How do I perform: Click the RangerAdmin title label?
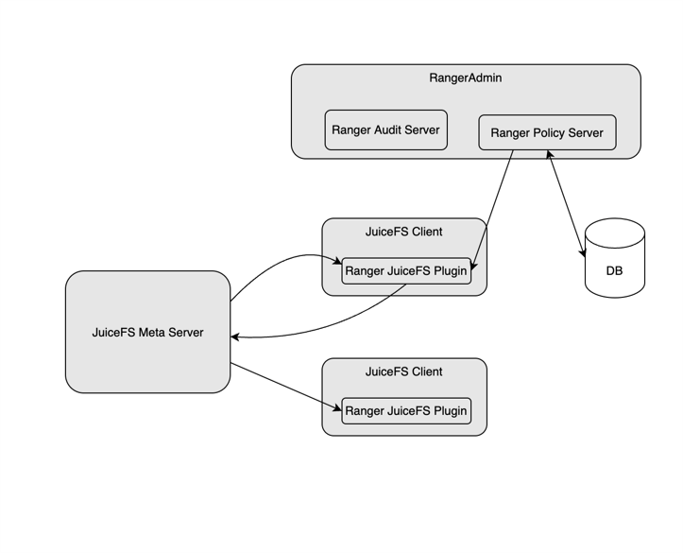(465, 78)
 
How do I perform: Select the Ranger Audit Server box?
(385, 130)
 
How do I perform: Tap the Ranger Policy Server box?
(546, 133)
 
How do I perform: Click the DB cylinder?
(614, 260)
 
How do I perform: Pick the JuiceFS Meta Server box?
(147, 332)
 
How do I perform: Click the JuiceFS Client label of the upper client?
(403, 232)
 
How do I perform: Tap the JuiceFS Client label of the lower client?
(403, 372)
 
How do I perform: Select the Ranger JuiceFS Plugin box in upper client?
(405, 271)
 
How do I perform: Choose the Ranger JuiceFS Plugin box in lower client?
(405, 411)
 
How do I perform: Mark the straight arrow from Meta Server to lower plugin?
(283, 386)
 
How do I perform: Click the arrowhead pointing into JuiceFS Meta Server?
(235, 337)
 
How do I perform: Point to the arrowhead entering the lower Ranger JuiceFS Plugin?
(336, 408)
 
